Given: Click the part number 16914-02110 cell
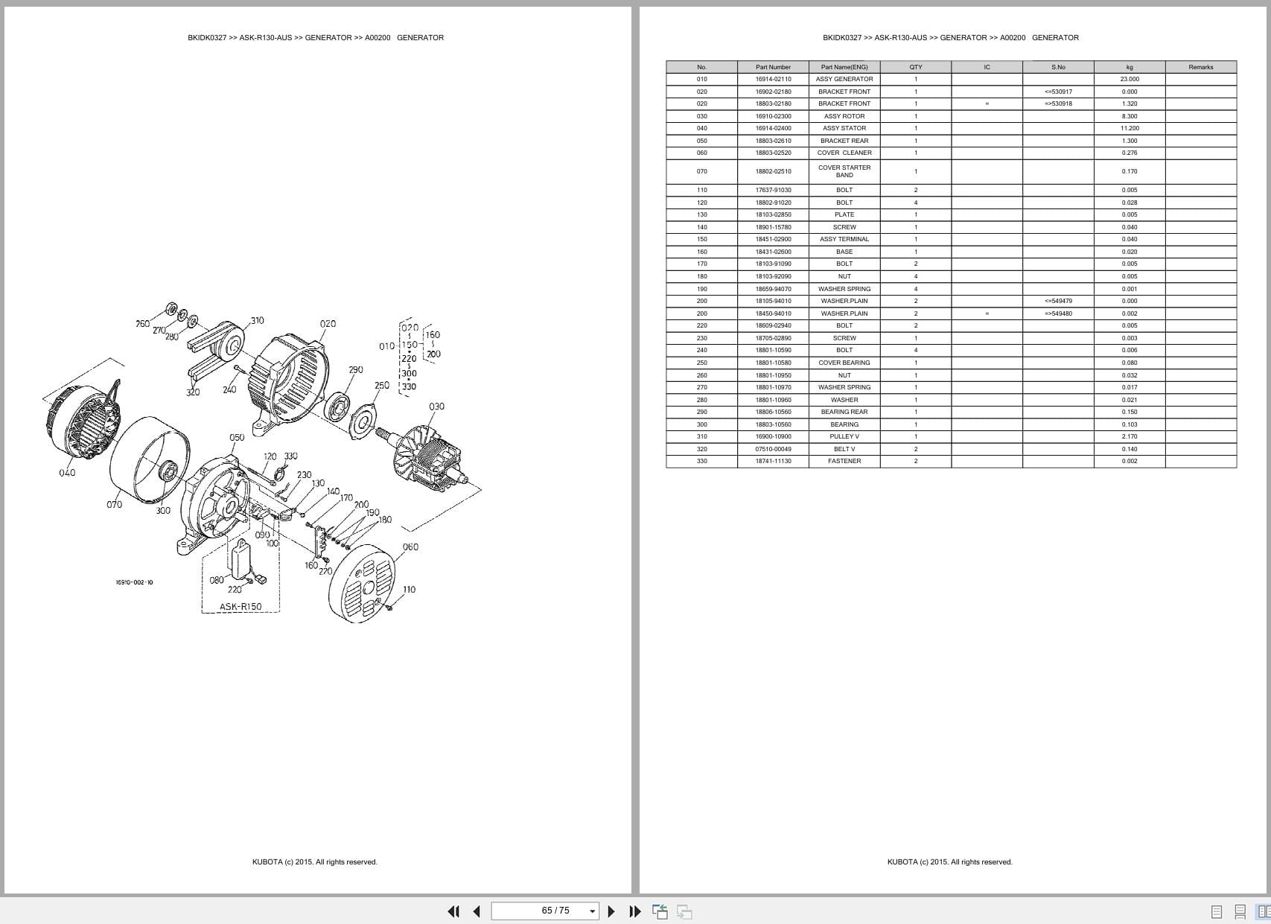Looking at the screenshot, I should tap(773, 79).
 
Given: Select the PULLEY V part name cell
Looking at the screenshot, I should tap(844, 436).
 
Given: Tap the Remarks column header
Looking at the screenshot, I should tap(1200, 67).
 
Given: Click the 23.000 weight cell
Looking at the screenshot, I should tap(1129, 79).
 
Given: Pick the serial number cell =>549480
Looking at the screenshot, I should tap(1058, 313).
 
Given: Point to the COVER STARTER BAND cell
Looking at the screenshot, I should tap(844, 171).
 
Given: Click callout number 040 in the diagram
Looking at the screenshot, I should tap(67, 473).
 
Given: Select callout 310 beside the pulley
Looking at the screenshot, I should tap(257, 321).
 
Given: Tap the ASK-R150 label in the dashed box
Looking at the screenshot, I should tap(240, 607).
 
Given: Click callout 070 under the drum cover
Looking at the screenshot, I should tap(114, 505).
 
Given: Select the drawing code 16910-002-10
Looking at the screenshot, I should tap(134, 582).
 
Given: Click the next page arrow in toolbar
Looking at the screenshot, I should tap(611, 911).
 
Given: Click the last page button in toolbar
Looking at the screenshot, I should tap(634, 911).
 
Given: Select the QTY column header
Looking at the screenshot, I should tap(915, 67).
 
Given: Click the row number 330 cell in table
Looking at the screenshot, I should tap(701, 461).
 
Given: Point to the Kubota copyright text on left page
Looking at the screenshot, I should tap(314, 862).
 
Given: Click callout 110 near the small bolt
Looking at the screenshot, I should tap(409, 590).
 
